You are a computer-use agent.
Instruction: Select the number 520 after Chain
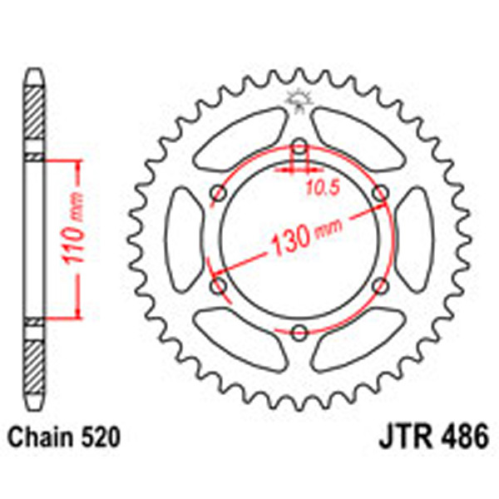(97, 435)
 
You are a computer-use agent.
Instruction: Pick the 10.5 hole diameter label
(320, 187)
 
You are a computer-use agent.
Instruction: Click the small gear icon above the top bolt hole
(298, 102)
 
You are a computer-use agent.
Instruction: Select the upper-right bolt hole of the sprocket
(379, 194)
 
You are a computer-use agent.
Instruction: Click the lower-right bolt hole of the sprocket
(379, 285)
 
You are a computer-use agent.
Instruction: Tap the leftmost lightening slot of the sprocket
(185, 239)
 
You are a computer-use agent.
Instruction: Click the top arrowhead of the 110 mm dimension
(78, 163)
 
